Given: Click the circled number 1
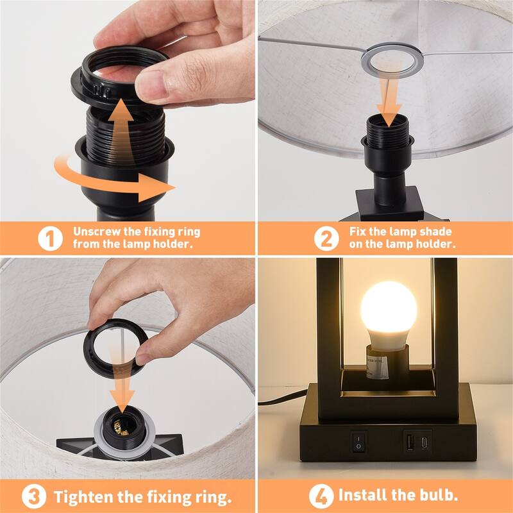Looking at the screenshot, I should [x=51, y=239].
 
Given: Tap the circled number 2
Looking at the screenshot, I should [x=327, y=239].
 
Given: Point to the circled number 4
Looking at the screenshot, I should [x=321, y=496].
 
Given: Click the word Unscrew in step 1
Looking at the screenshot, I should [x=96, y=231].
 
